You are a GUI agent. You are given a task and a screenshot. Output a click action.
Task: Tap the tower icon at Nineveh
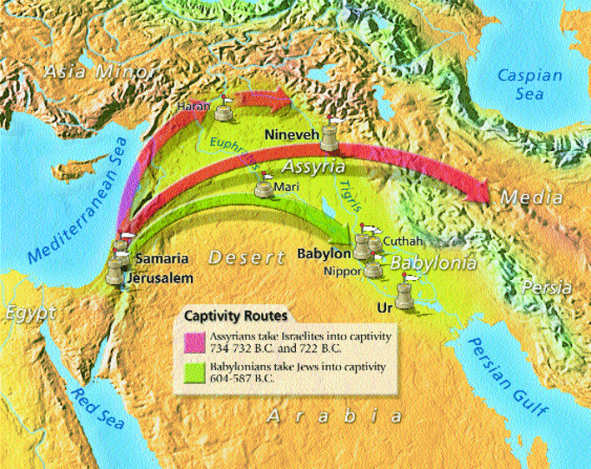331,134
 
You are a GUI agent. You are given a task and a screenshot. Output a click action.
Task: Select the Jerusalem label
157,278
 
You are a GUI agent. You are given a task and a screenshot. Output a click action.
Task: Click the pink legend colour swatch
192,340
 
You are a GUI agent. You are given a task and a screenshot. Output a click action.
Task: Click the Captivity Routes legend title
235,316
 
